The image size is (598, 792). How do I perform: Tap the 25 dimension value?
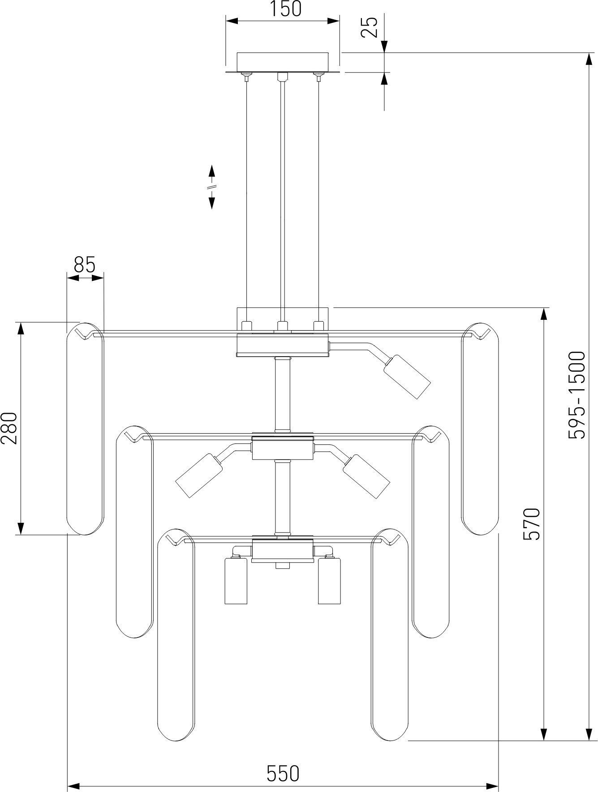point(370,27)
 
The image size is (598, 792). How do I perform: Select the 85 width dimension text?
point(85,265)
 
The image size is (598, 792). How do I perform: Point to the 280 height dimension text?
point(9,428)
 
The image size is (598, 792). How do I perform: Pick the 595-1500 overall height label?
point(576,395)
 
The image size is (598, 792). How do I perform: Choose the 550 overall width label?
point(283,773)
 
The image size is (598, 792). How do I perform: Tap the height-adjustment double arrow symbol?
point(211,187)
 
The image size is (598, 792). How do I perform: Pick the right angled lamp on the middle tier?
point(366,476)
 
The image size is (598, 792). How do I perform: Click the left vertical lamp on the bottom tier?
point(236,581)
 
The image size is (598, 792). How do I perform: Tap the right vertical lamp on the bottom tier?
point(330,581)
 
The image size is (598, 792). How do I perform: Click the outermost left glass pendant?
point(85,429)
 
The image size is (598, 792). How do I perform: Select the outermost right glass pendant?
point(480,429)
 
